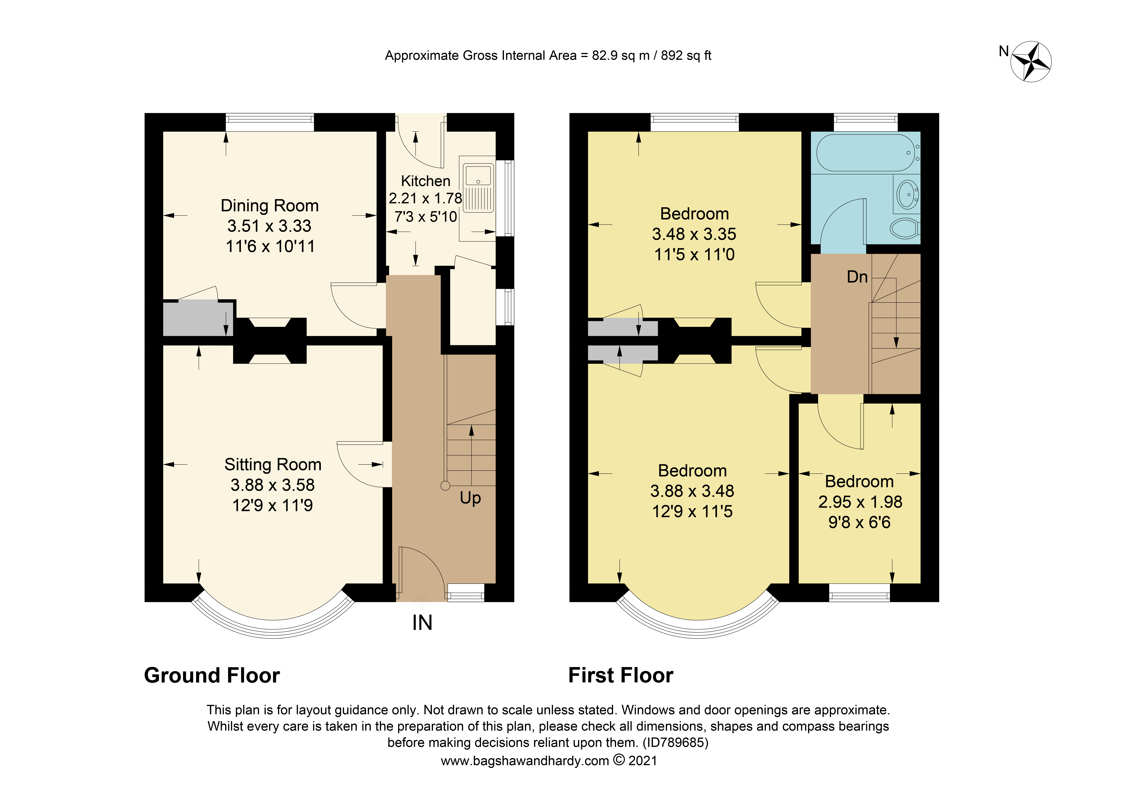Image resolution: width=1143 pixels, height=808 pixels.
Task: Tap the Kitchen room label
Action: point(426,181)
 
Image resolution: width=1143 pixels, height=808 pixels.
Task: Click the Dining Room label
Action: point(270,205)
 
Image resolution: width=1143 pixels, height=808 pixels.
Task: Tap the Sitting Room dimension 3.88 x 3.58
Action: point(273,485)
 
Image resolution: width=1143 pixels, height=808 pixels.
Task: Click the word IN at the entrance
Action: point(422,623)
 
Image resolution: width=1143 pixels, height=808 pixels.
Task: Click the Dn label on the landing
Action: point(857,277)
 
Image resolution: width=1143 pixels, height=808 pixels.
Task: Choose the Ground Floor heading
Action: point(212,676)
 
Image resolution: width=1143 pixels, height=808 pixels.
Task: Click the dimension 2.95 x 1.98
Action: point(860,502)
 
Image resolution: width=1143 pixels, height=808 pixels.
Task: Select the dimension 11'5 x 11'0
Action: point(694,255)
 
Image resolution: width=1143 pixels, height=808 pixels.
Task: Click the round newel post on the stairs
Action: point(445,486)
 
